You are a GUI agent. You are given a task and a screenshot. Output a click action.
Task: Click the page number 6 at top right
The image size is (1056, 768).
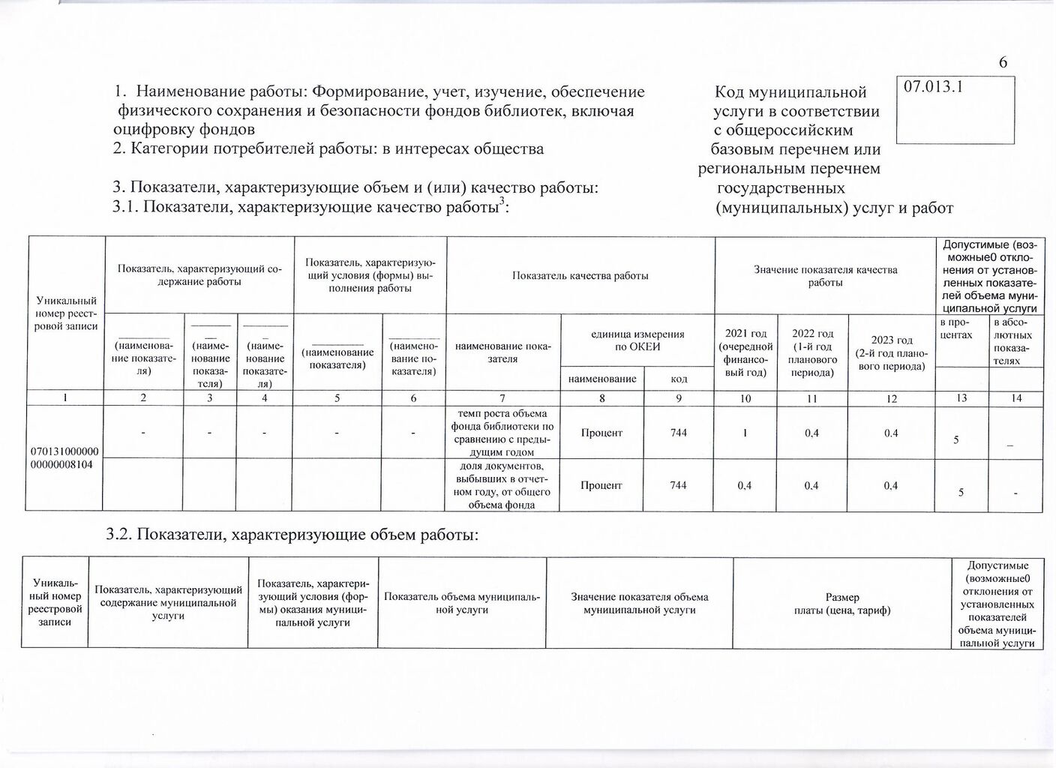tap(1003, 63)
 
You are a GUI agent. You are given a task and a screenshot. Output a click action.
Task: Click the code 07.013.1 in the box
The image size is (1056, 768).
tap(933, 86)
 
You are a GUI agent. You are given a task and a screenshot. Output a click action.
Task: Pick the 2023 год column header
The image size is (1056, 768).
tap(891, 352)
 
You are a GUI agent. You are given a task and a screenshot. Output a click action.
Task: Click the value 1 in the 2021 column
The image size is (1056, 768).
tap(745, 433)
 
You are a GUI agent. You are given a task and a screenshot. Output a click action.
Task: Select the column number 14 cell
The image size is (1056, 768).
tap(1016, 398)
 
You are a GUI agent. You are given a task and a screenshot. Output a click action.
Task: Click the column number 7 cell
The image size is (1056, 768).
tap(502, 398)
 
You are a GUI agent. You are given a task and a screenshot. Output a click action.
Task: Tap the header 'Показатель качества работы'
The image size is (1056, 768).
tap(580, 275)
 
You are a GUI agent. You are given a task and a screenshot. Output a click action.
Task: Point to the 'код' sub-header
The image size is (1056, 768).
tap(679, 379)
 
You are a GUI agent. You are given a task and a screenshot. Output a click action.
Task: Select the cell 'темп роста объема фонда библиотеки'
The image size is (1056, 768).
tap(502, 433)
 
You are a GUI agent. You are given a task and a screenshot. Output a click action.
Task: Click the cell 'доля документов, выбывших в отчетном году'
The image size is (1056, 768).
tap(502, 485)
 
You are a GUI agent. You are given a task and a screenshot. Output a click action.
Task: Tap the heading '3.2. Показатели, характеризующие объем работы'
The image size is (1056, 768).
tap(292, 535)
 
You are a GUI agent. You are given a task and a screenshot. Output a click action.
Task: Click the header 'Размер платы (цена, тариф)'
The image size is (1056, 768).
tap(841, 604)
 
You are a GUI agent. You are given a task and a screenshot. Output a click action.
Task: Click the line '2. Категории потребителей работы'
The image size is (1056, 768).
tap(328, 148)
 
